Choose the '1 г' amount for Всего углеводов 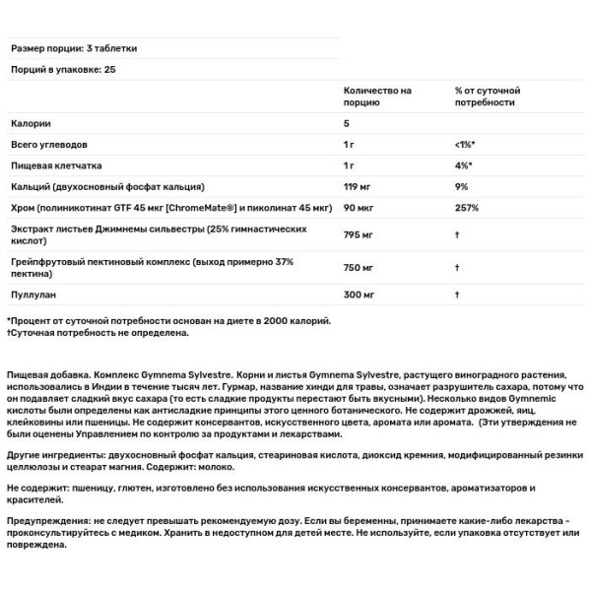351,145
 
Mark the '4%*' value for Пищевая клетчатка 463,165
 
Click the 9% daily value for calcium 461,186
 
